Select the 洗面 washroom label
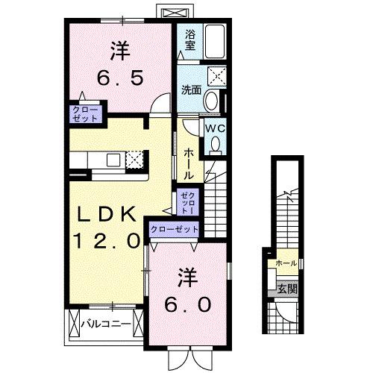[191, 90]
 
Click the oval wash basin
[212, 101]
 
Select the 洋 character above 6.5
[119, 50]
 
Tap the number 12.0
[106, 240]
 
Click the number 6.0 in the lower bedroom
[187, 305]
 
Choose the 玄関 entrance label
[286, 287]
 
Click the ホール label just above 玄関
[286, 263]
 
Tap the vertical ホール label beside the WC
[189, 161]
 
